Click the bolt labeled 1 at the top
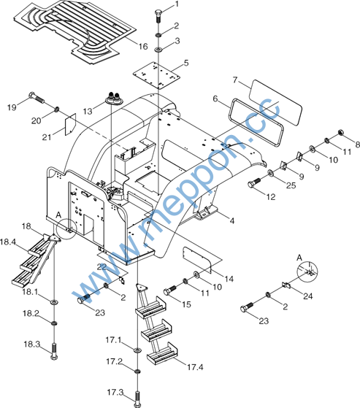click(158, 16)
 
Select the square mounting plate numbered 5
click(156, 75)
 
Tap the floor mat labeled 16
click(75, 31)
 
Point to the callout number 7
click(235, 80)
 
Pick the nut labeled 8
click(340, 133)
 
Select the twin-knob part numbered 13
click(114, 98)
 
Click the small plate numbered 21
click(70, 124)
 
